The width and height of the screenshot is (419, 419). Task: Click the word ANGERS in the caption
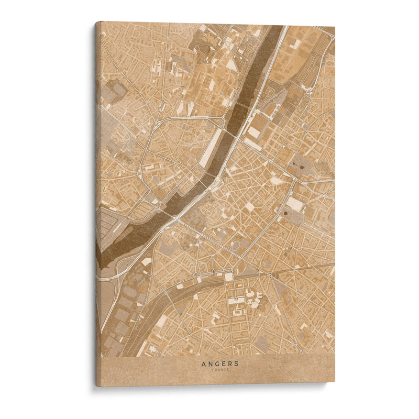220,363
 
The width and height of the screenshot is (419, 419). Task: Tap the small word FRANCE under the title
220,370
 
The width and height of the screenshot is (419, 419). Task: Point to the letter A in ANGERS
204,363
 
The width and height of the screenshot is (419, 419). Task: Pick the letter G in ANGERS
217,363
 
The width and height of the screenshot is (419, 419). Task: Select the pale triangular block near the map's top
231,64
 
